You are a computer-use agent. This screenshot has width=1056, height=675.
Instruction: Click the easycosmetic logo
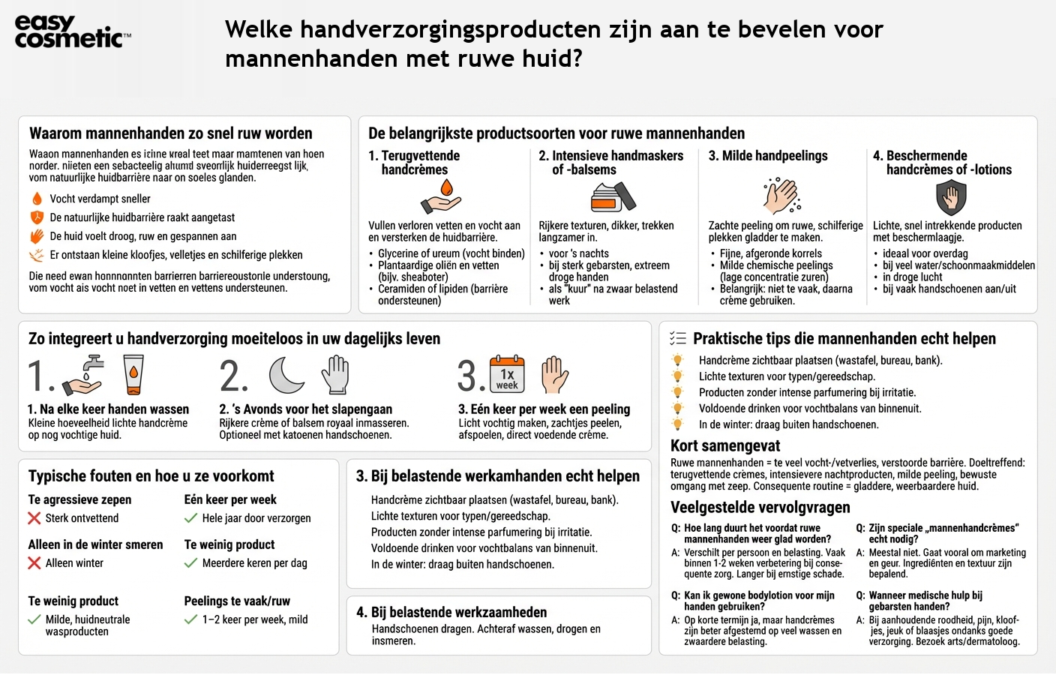tap(72, 32)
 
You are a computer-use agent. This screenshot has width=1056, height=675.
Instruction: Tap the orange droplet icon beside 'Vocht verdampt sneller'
tap(37, 199)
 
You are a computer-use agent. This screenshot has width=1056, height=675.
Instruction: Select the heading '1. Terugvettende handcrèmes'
tap(414, 163)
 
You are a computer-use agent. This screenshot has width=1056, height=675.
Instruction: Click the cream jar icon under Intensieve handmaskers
tap(612, 197)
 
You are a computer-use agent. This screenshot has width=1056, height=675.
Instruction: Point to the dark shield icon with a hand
tap(951, 198)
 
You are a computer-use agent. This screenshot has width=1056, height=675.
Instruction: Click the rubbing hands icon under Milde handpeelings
tap(781, 196)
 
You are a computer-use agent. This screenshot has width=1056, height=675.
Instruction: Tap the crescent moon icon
tap(287, 374)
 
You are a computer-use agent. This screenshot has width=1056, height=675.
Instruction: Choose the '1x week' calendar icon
tap(507, 374)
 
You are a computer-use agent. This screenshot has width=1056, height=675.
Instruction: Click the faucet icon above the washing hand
tap(93, 363)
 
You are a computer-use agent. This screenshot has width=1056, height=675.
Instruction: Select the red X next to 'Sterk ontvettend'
tap(34, 518)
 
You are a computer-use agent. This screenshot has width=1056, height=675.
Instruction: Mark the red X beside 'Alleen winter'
tap(34, 563)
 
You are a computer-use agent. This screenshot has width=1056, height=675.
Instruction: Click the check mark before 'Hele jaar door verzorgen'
tap(191, 518)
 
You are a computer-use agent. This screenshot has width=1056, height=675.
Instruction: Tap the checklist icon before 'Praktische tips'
tap(677, 339)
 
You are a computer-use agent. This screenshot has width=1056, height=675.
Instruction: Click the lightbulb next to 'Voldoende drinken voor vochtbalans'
tap(678, 409)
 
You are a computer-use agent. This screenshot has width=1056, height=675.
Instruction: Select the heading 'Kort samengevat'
tap(724, 445)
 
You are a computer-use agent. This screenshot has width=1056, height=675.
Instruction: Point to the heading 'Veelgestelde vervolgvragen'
tap(760, 507)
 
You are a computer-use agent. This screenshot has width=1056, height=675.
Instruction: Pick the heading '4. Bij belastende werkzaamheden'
tap(451, 612)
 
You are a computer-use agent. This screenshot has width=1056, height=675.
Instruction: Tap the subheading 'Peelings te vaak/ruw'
tap(237, 601)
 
